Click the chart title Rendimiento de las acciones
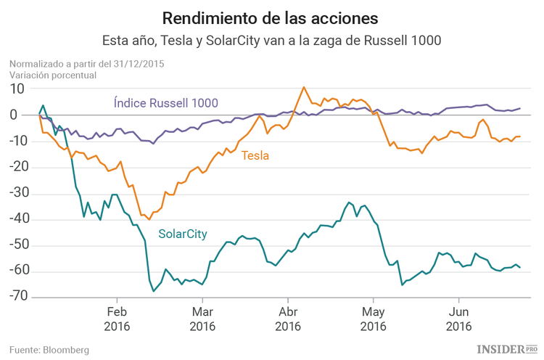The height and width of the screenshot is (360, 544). (271, 17)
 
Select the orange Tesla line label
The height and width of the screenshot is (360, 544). (255, 155)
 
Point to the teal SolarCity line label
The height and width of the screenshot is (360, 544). (183, 234)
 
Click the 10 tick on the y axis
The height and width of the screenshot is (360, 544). (17, 89)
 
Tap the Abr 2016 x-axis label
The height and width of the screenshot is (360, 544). (287, 319)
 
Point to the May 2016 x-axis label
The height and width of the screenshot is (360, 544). (373, 319)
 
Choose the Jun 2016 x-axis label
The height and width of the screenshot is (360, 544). (458, 319)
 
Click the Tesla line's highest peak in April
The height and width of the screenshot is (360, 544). (303, 87)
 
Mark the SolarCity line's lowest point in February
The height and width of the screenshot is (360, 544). (154, 291)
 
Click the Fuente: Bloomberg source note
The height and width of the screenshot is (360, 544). (49, 350)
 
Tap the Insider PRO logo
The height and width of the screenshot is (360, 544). (506, 349)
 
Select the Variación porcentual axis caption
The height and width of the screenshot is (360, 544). (53, 74)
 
